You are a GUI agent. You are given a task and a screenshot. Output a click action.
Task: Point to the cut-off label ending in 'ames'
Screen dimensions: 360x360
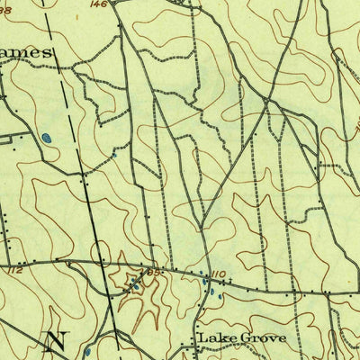tap(27, 53)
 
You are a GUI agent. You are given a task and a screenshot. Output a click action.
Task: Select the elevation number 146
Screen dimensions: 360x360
tap(123, 4)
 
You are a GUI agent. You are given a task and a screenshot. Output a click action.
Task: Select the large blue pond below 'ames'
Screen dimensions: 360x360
tap(44, 139)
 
